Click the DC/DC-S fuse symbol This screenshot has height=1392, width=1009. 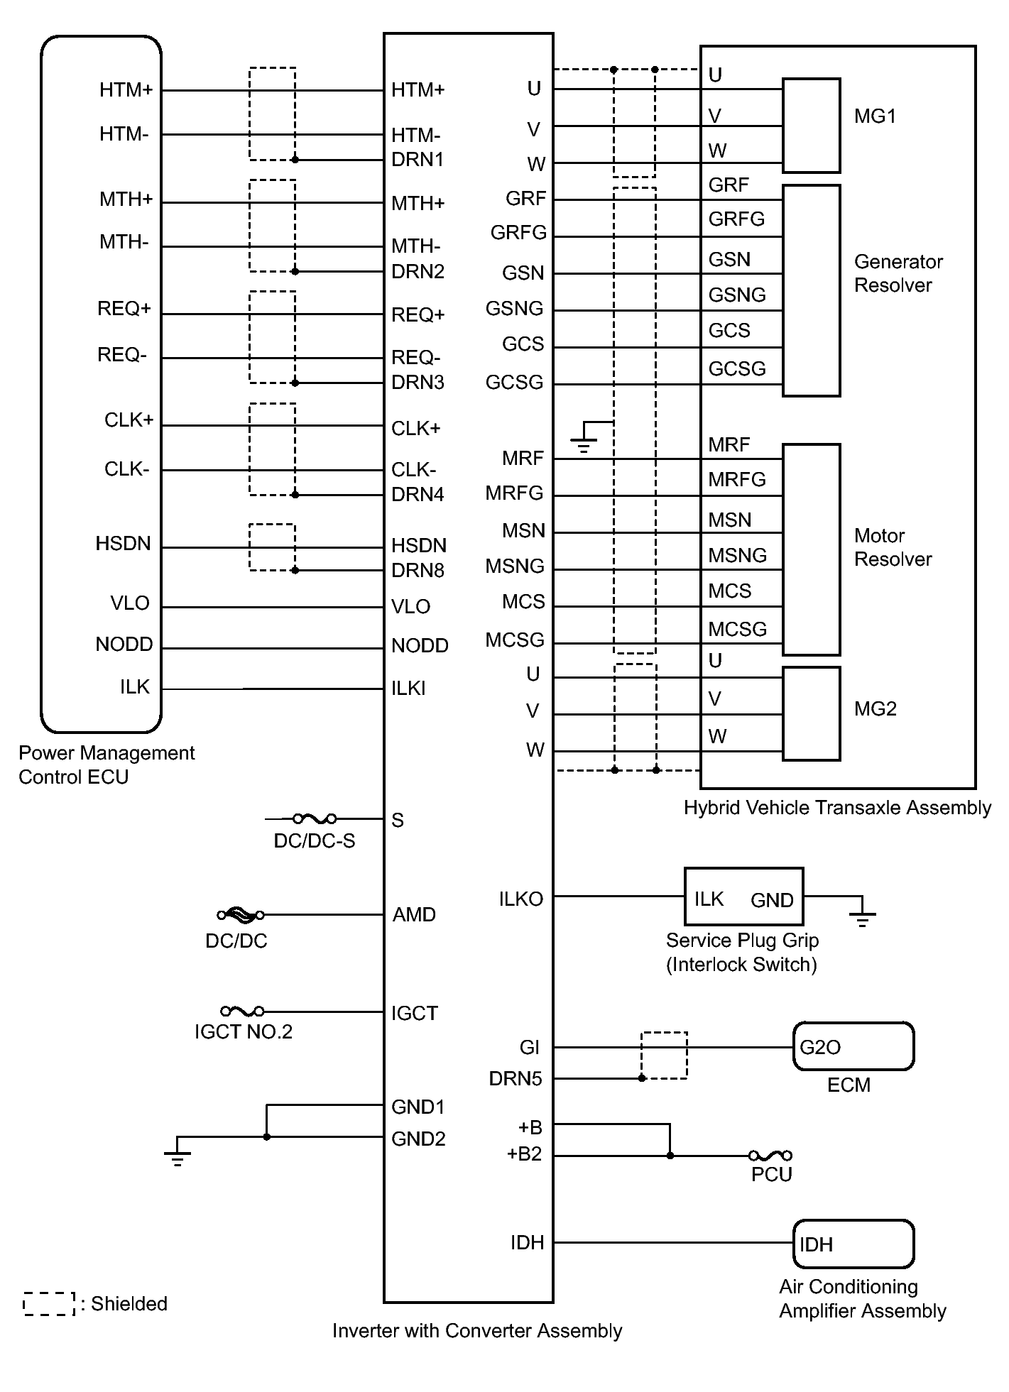(314, 818)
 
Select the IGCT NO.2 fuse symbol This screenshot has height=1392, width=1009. (242, 1011)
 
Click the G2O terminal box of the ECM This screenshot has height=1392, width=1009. (853, 1046)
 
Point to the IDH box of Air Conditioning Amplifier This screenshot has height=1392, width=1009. (853, 1244)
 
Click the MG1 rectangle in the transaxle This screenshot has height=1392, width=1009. (811, 126)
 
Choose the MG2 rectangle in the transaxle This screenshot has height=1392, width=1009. (811, 713)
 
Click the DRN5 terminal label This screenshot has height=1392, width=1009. (515, 1079)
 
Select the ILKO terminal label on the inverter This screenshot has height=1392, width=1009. (520, 899)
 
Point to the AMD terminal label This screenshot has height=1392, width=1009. (414, 914)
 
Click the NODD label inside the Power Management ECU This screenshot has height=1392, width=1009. (124, 645)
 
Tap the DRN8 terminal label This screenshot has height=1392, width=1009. (418, 570)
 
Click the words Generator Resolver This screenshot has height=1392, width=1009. (898, 273)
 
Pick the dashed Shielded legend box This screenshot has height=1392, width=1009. (49, 1303)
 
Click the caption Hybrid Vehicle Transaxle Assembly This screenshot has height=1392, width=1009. (836, 808)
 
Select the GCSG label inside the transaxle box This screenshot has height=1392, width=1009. (737, 368)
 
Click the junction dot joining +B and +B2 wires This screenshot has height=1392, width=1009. (670, 1156)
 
